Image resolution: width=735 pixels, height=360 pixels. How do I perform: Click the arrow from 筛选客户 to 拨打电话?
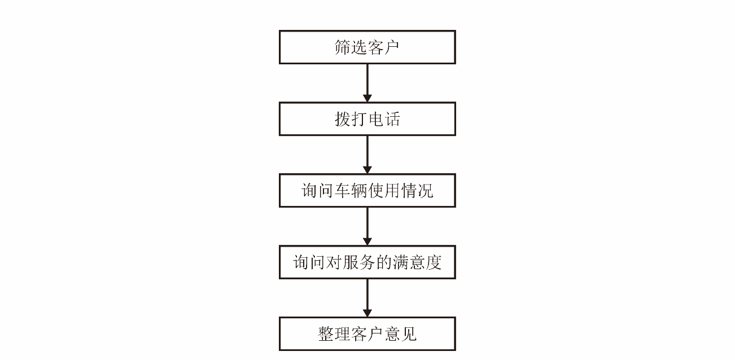point(367,83)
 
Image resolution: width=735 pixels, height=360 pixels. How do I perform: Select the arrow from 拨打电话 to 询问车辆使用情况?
point(367,155)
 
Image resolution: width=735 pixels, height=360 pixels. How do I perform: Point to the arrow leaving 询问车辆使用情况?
point(367,226)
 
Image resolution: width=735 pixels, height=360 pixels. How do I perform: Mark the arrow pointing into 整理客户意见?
point(367,298)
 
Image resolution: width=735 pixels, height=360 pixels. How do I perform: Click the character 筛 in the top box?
point(343,47)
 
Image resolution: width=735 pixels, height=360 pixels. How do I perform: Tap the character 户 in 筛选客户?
point(392,47)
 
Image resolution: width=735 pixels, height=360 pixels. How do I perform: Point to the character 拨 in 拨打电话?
point(343,119)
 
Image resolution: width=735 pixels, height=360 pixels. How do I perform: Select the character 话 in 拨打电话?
point(392,119)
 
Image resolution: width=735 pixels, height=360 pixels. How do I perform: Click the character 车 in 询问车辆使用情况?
point(343,191)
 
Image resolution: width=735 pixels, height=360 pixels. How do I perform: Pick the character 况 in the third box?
point(425,191)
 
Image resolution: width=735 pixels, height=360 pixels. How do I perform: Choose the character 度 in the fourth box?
point(434,262)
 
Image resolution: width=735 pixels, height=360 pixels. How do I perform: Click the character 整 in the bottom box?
point(326,334)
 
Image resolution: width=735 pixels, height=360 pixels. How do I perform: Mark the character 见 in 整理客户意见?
point(409,334)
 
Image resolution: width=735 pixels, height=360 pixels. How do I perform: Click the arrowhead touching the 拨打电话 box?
point(367,98)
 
